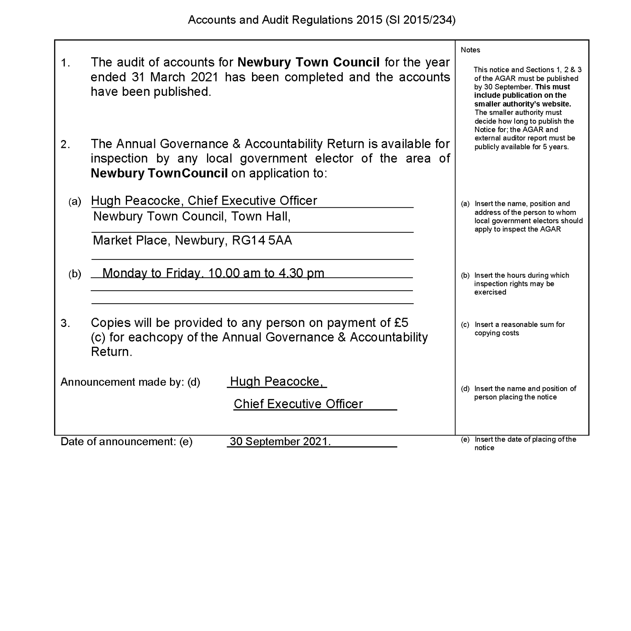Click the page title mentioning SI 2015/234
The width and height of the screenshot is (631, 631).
click(321, 20)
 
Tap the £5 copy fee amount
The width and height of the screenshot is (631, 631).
click(401, 323)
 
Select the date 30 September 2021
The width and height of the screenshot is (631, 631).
click(280, 441)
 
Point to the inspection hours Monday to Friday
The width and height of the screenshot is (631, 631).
click(213, 273)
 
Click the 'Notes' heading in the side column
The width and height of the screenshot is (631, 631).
click(470, 50)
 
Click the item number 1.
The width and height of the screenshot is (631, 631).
click(65, 63)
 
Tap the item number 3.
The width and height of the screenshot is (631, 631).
click(65, 324)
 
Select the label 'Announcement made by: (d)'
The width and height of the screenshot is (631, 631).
click(130, 382)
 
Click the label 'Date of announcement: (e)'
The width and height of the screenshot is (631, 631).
click(126, 442)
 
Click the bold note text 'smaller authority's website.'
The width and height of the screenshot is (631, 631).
click(523, 104)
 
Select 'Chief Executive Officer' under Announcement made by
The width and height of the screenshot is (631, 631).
click(298, 404)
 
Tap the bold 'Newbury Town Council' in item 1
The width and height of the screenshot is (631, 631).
click(309, 62)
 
